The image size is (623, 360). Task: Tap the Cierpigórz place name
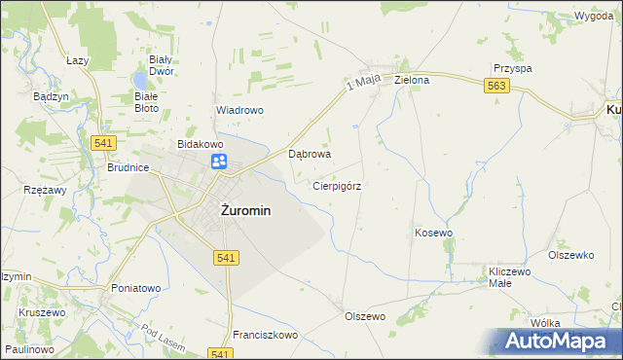coord(338,185)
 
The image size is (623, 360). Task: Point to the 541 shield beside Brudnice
coord(105,143)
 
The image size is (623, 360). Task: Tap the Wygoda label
coord(593,18)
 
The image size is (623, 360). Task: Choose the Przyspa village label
coord(512,69)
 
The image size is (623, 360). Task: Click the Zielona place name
coord(412,81)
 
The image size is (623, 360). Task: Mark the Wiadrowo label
coord(239,111)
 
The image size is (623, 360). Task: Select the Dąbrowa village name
coord(311,154)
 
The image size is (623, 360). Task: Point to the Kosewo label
coord(434,234)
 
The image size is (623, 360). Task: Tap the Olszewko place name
coord(570,255)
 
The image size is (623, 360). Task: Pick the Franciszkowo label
coord(264,334)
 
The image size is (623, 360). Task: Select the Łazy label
coord(77,60)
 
